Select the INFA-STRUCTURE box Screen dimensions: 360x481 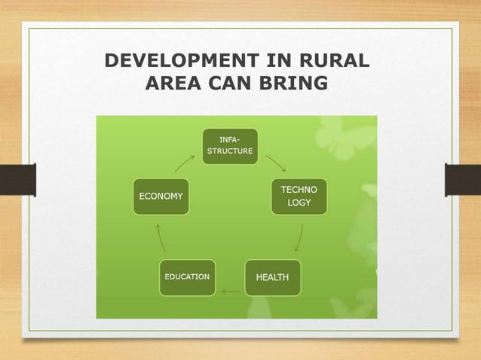[x=230, y=146]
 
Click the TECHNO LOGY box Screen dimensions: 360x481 [x=299, y=197]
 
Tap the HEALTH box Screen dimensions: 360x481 [x=272, y=277]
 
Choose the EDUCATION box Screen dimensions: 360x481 [x=187, y=277]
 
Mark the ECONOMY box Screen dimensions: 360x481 [x=161, y=197]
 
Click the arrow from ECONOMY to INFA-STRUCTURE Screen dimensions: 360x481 [x=185, y=163]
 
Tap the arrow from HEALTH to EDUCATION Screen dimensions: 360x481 [x=230, y=291]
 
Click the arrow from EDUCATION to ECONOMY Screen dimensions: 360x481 [x=161, y=237]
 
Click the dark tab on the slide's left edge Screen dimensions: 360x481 [x=17, y=180]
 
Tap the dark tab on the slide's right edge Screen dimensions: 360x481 [x=463, y=180]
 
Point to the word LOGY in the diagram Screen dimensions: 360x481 [x=299, y=203]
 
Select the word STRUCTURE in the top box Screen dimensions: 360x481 [x=230, y=151]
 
